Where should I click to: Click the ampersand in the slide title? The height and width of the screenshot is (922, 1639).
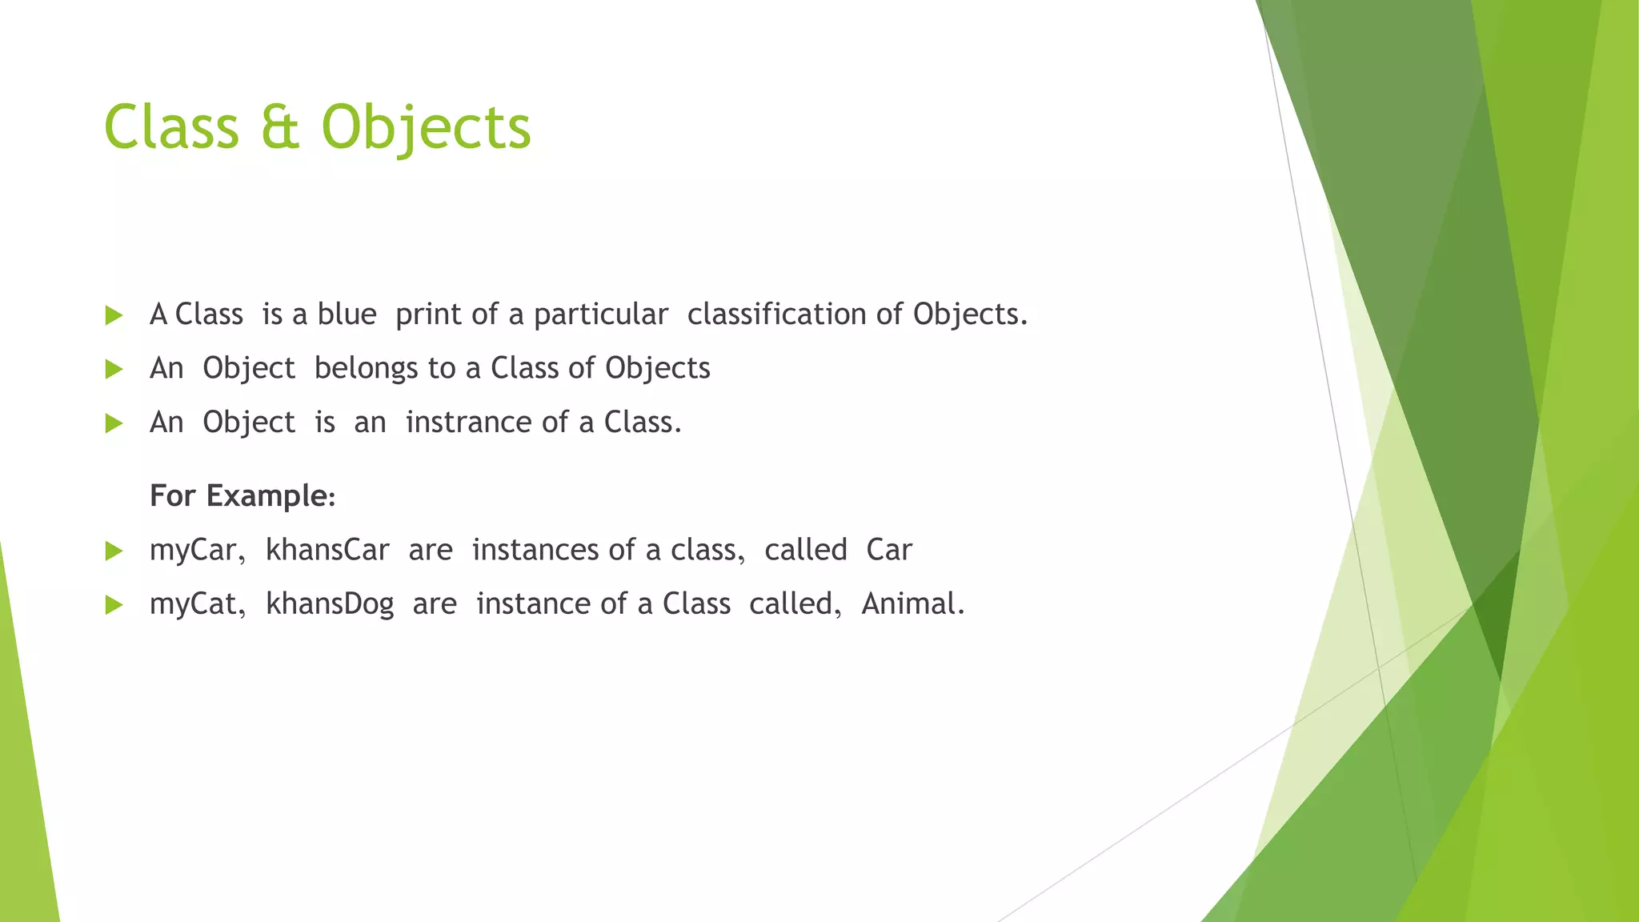[x=280, y=128]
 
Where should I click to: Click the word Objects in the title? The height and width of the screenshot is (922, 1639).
[x=426, y=128]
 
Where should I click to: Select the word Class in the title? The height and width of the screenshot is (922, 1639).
[x=171, y=128]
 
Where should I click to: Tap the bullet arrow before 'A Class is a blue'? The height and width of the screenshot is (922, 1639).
[x=114, y=315]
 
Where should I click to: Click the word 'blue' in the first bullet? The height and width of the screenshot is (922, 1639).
[x=347, y=315]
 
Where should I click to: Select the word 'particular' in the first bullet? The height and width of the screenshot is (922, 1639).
[x=600, y=315]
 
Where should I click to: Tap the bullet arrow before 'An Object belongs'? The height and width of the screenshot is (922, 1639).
[x=114, y=369]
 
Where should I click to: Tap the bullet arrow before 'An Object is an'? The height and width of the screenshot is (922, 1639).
[x=114, y=423]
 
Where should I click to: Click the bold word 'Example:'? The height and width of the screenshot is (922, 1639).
[x=270, y=496]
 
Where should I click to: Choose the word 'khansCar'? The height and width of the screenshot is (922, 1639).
[x=327, y=550]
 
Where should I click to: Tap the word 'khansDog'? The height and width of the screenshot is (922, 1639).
[x=330, y=604]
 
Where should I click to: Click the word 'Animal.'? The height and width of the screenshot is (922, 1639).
[x=913, y=603]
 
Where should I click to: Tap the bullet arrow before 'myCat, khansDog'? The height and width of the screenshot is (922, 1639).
[x=114, y=605]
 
